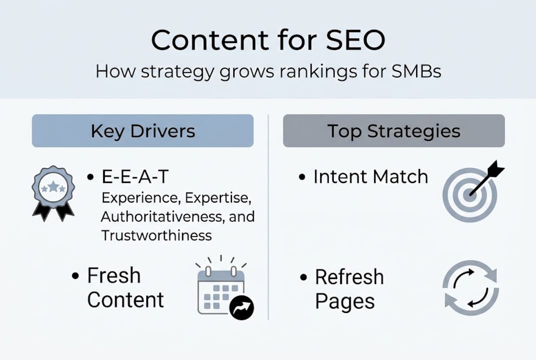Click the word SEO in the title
pos(355,40)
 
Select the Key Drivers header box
pos(142,131)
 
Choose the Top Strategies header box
pos(394,131)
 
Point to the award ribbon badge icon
pos(53,192)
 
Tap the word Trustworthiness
pos(156,235)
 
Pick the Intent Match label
pos(370,176)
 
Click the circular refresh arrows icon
pos(470,287)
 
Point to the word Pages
pos(345,301)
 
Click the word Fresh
pos(114,275)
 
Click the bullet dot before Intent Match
pos(302,177)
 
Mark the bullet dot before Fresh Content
pos(75,276)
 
